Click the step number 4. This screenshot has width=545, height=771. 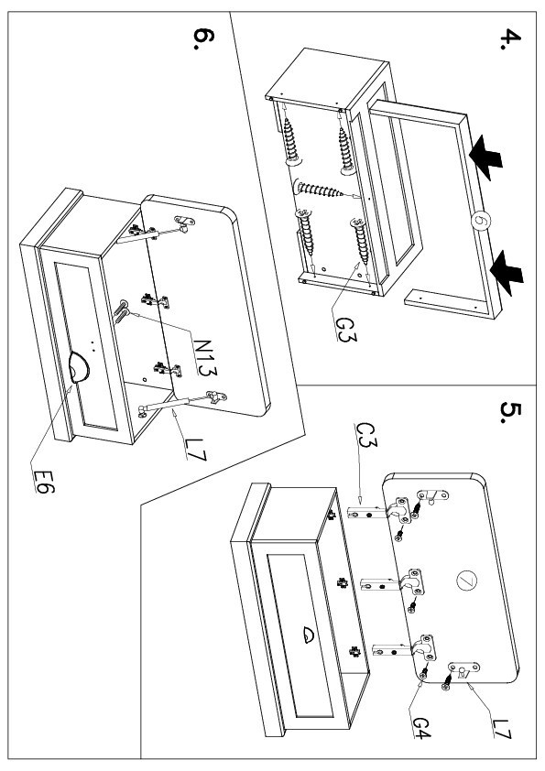[510, 39]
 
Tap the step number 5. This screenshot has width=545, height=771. [510, 412]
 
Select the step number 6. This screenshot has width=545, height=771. [203, 38]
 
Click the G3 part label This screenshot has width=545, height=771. [346, 330]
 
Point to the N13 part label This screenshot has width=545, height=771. [204, 357]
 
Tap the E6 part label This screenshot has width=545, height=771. [44, 482]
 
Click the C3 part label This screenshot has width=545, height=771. [366, 435]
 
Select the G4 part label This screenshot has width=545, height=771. [421, 727]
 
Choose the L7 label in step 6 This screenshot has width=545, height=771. [196, 450]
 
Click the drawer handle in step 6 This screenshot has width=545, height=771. [78, 366]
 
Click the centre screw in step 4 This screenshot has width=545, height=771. [320, 189]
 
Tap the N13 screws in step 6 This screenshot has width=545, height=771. [121, 310]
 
